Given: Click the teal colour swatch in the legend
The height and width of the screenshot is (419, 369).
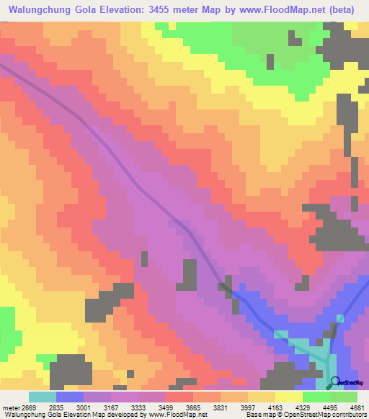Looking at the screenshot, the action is pos(43,397).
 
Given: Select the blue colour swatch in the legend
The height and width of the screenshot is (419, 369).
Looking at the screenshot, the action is pos(70,397).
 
